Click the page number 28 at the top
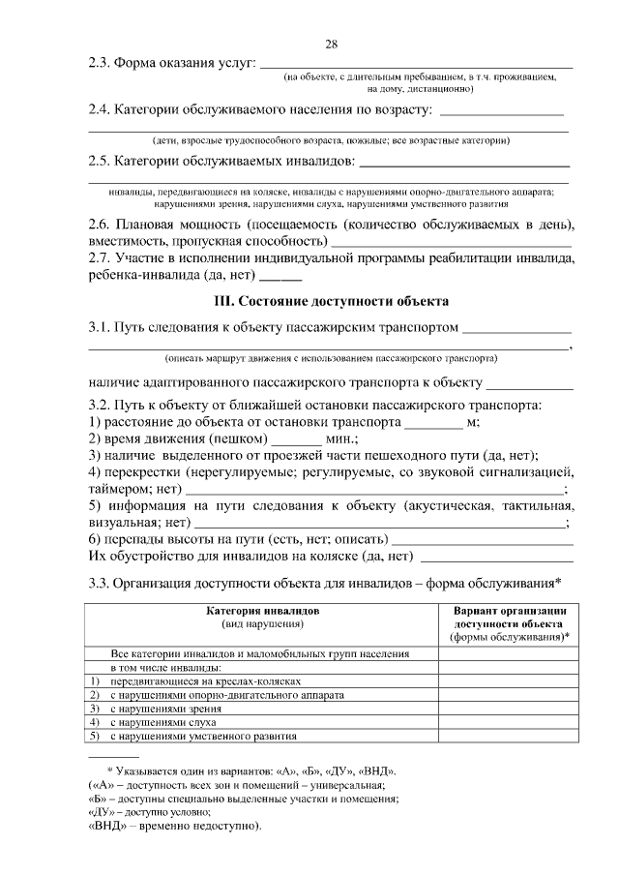pyautogui.click(x=331, y=45)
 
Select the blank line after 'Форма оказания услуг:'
pyautogui.click(x=418, y=66)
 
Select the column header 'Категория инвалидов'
pyautogui.click(x=263, y=612)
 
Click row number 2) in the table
pyautogui.click(x=95, y=695)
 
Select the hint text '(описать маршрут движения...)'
pyautogui.click(x=331, y=357)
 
